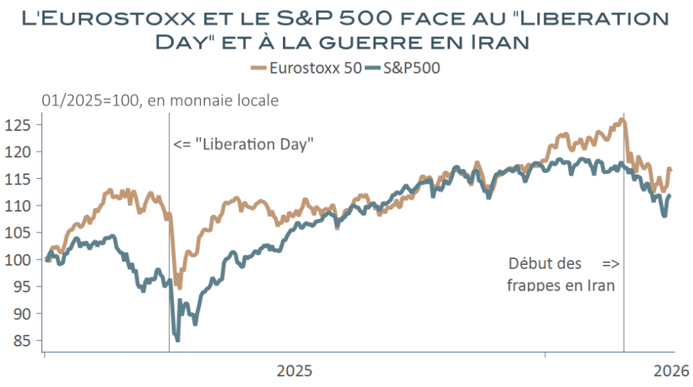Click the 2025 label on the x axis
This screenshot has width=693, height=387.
coord(295,371)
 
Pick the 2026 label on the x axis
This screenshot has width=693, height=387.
coord(671,371)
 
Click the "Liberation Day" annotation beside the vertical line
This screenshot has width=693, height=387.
coord(244,144)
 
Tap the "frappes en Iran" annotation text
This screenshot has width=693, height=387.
coord(561,285)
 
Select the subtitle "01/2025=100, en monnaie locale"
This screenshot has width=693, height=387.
coord(160,101)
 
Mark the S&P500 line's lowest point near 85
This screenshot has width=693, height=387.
coord(177,340)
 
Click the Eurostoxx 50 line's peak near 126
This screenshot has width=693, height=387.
coord(622,120)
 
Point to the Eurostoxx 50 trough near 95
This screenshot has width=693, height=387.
coord(179,287)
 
